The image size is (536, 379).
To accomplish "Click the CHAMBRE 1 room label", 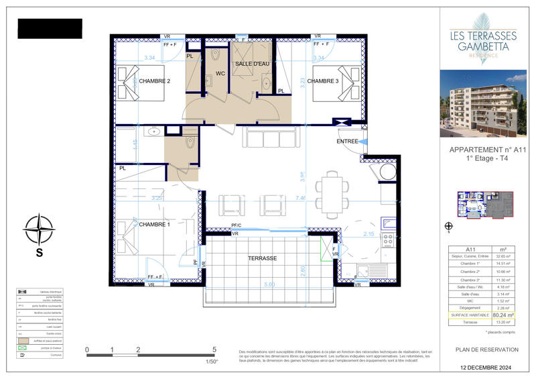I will click(155, 224).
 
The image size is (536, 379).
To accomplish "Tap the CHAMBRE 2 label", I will click(155, 81).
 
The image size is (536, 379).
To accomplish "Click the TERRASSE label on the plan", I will click(263, 258).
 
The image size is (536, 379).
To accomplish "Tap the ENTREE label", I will click(347, 142).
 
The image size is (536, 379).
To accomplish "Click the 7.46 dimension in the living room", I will click(301, 199).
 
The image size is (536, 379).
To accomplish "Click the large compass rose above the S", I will click(40, 229).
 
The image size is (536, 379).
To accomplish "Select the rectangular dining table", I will click(332, 195).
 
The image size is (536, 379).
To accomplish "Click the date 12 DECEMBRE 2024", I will click(486, 369).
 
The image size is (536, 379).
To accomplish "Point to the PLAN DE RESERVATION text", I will click(486, 349).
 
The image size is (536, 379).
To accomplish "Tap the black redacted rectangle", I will click(49, 28).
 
